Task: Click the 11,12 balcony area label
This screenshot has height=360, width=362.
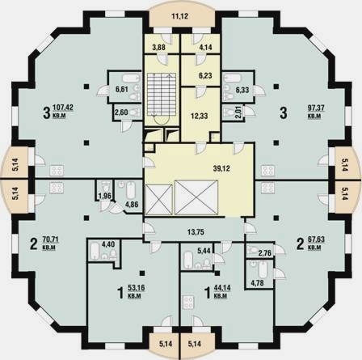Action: point(179,16)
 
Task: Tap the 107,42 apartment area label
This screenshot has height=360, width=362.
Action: point(63,108)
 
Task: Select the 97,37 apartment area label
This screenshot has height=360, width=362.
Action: point(316,108)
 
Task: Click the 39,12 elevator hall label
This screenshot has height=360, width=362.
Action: point(221,168)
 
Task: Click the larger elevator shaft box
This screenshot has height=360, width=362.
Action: point(196,197)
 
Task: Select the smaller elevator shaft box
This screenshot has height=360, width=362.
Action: point(158,200)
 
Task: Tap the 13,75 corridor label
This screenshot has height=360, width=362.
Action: point(196,231)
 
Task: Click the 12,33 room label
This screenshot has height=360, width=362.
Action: point(200,116)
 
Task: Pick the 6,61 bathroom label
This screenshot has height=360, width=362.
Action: point(122,89)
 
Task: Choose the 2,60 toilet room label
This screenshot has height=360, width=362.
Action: point(121,112)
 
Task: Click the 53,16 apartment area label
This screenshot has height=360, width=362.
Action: point(137,288)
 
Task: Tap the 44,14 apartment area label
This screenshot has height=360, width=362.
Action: point(222,288)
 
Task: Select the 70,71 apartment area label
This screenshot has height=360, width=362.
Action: point(51,239)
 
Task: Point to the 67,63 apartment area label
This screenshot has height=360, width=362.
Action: point(316,239)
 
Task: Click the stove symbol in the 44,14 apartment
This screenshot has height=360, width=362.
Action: point(187,303)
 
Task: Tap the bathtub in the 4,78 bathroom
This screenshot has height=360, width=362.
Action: point(263,270)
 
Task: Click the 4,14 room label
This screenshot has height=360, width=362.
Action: point(205,48)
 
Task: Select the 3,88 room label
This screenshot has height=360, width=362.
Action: point(158,48)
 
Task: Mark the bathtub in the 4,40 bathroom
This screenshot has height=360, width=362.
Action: point(95,251)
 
